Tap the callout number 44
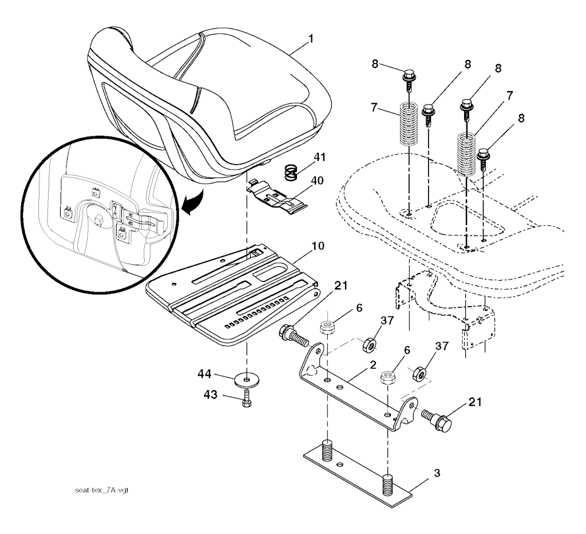click(204, 375)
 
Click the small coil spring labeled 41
click(292, 171)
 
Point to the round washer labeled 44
click(246, 380)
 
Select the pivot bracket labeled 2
click(358, 390)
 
